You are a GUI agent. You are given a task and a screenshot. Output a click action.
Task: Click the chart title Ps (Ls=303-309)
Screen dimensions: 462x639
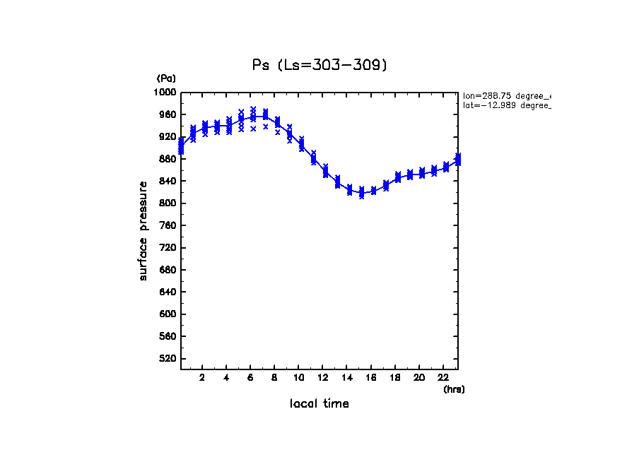319,65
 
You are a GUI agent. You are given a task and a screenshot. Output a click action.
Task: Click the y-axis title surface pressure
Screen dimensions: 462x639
143,230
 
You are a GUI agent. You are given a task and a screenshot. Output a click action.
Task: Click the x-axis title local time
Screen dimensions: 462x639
319,404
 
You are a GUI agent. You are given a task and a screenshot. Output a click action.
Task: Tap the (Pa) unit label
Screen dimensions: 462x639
166,78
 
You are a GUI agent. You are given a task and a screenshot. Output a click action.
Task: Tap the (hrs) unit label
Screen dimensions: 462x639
454,389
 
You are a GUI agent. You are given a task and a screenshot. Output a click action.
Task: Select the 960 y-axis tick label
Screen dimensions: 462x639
168,114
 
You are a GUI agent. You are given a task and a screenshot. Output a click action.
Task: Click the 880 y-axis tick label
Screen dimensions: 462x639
168,159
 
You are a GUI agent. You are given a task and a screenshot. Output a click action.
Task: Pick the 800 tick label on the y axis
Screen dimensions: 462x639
168,203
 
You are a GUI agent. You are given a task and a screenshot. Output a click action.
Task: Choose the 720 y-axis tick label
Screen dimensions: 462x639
168,248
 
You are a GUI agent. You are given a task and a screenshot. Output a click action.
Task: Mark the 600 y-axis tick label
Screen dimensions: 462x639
168,314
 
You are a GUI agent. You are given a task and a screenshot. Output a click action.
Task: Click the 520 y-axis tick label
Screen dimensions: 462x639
168,359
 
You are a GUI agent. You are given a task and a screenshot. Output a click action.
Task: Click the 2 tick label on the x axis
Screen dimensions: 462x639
202,377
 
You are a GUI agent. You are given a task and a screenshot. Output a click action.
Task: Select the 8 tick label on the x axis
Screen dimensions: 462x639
274,377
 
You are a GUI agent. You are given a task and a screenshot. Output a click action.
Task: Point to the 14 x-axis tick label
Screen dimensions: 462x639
346,377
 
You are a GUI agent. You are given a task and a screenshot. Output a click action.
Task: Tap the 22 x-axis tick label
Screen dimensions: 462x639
442,377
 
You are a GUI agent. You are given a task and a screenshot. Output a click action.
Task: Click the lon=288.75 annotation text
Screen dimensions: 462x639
506,95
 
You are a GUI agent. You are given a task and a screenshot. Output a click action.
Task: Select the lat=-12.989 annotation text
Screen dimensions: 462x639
506,105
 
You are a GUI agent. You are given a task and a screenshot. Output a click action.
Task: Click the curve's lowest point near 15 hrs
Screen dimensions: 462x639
361,193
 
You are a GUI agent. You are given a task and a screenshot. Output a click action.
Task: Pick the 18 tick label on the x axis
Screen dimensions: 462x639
394,377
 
